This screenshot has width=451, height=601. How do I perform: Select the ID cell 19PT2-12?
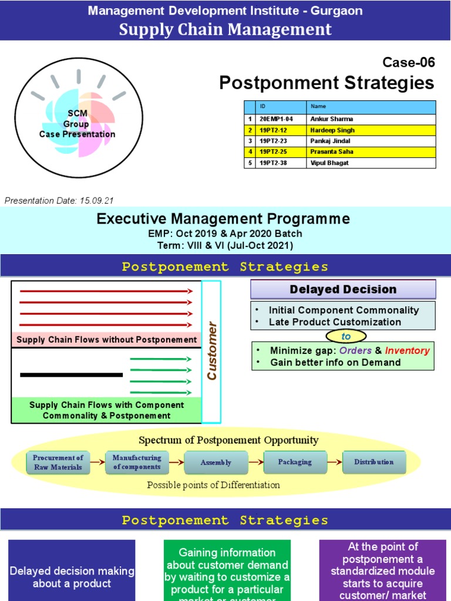[274, 130]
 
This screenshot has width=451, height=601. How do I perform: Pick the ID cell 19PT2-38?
[274, 163]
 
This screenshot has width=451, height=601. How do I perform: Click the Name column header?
[319, 107]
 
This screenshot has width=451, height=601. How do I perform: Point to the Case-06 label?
[408, 62]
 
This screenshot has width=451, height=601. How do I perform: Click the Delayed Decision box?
[343, 289]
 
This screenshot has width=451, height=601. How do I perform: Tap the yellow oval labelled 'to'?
[346, 336]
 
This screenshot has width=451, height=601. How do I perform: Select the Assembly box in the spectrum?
[216, 462]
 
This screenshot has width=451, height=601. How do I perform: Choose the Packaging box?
[295, 462]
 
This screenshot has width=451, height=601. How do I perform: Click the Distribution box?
[373, 462]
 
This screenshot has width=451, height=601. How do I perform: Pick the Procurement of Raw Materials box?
[58, 462]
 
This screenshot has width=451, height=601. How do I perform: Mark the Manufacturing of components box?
[136, 462]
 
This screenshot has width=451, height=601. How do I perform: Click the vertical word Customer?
[211, 350]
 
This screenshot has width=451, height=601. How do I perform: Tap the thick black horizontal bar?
[71, 374]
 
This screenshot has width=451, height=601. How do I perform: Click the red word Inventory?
[407, 350]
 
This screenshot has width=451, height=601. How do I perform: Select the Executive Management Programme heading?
[223, 219]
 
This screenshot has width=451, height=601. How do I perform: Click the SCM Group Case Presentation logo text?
[77, 124]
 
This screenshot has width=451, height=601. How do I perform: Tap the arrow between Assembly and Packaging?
[255, 462]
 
